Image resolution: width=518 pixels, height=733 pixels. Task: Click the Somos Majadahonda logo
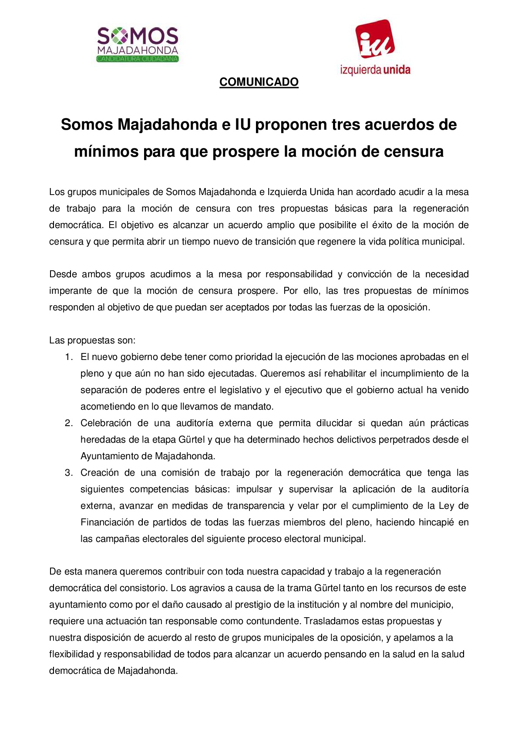click(138, 44)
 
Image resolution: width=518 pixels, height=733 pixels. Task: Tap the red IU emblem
click(375, 39)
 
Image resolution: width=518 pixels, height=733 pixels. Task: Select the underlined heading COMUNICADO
click(259, 82)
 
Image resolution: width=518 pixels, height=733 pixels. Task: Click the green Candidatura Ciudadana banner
click(138, 59)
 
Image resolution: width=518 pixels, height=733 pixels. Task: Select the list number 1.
click(68, 357)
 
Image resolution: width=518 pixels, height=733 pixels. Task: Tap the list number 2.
click(68, 423)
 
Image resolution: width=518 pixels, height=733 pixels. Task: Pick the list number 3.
click(68, 473)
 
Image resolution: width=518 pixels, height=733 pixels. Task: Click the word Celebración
click(106, 423)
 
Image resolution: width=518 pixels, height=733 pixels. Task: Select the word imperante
click(70, 291)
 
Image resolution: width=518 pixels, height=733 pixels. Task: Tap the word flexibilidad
click(71, 654)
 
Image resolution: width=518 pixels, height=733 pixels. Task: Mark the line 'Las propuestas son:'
click(92, 340)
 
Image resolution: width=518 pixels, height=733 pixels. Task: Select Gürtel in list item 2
click(190, 440)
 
